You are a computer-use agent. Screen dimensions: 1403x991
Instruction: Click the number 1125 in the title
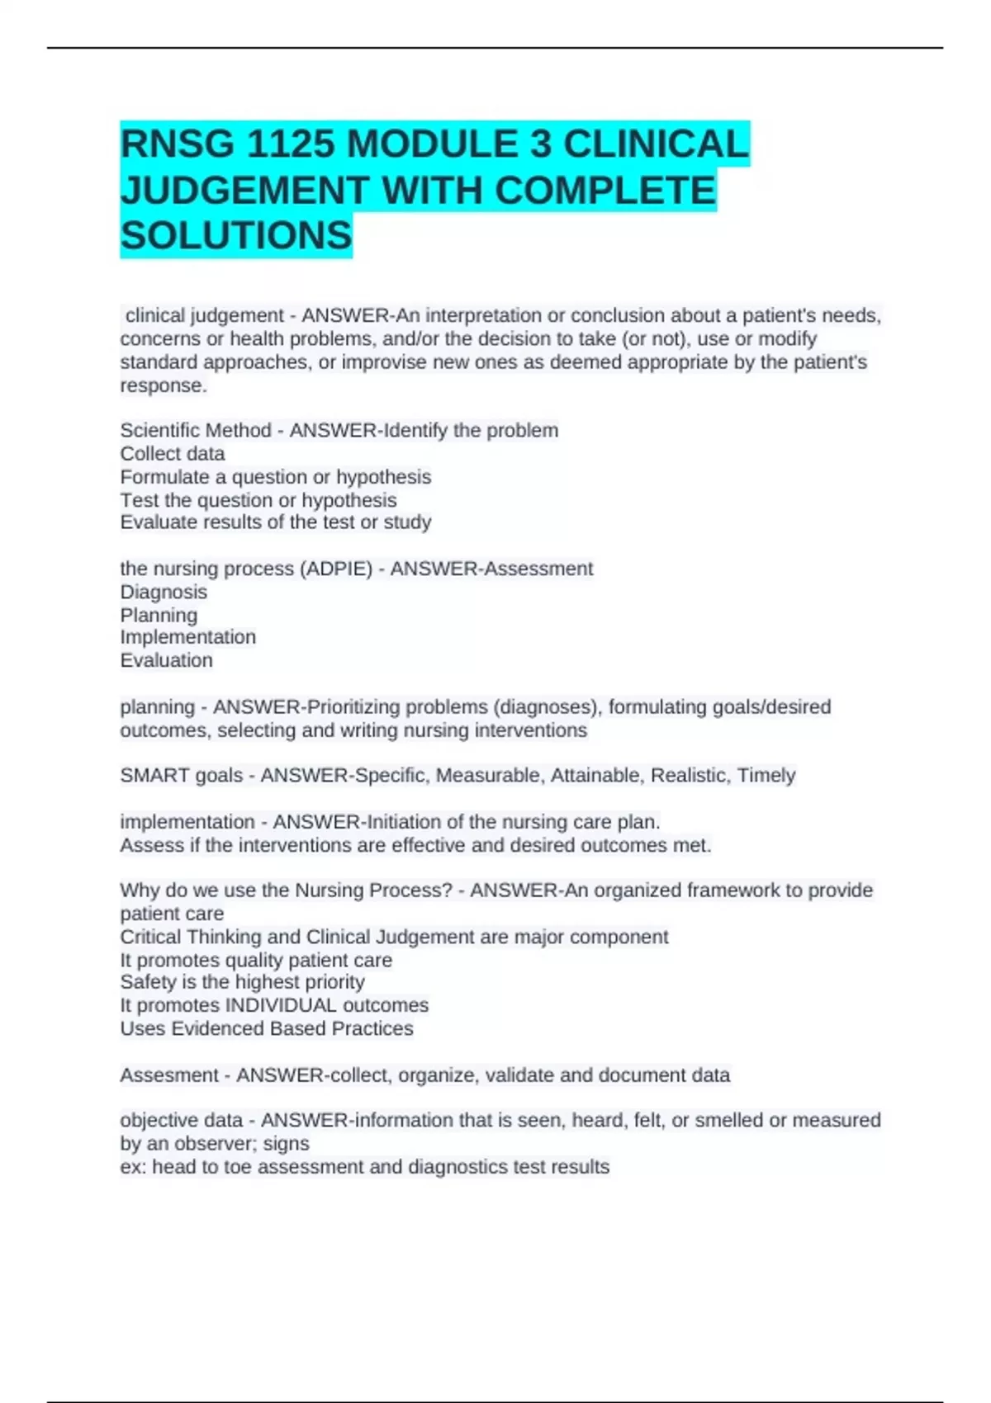tap(290, 145)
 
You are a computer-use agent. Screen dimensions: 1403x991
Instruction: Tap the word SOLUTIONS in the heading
tap(236, 236)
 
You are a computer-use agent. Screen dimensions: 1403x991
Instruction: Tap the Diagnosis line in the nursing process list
tap(164, 592)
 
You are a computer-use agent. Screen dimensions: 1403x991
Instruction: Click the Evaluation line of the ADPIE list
tap(166, 660)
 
